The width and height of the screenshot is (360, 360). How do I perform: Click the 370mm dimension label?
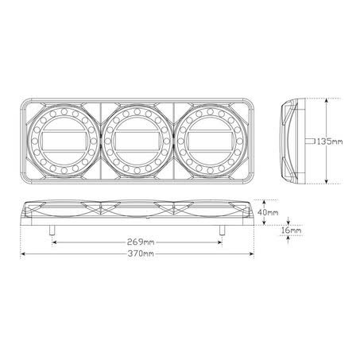click(141, 254)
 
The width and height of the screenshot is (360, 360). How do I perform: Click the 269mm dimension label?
click(141, 242)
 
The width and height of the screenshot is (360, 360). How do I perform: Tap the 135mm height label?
click(330, 141)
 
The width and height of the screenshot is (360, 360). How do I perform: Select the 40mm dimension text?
click(268, 212)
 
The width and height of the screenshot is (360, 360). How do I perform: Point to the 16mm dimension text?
click(291, 230)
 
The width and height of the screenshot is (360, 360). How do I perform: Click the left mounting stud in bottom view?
click(52, 230)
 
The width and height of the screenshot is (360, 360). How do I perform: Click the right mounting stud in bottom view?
click(223, 230)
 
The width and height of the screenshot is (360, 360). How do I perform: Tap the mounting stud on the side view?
click(310, 141)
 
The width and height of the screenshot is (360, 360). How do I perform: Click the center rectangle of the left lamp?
click(64, 141)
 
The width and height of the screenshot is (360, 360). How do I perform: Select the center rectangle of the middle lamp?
click(137, 141)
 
